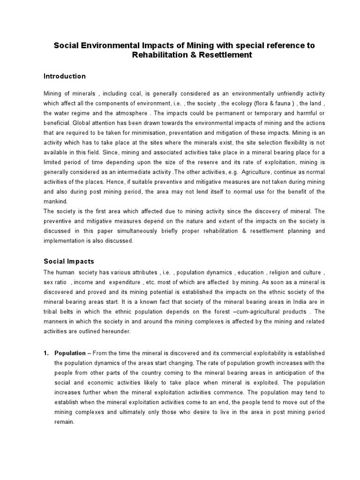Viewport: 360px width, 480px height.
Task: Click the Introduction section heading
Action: point(65,76)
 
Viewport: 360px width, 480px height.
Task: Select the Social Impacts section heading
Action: point(68,261)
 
